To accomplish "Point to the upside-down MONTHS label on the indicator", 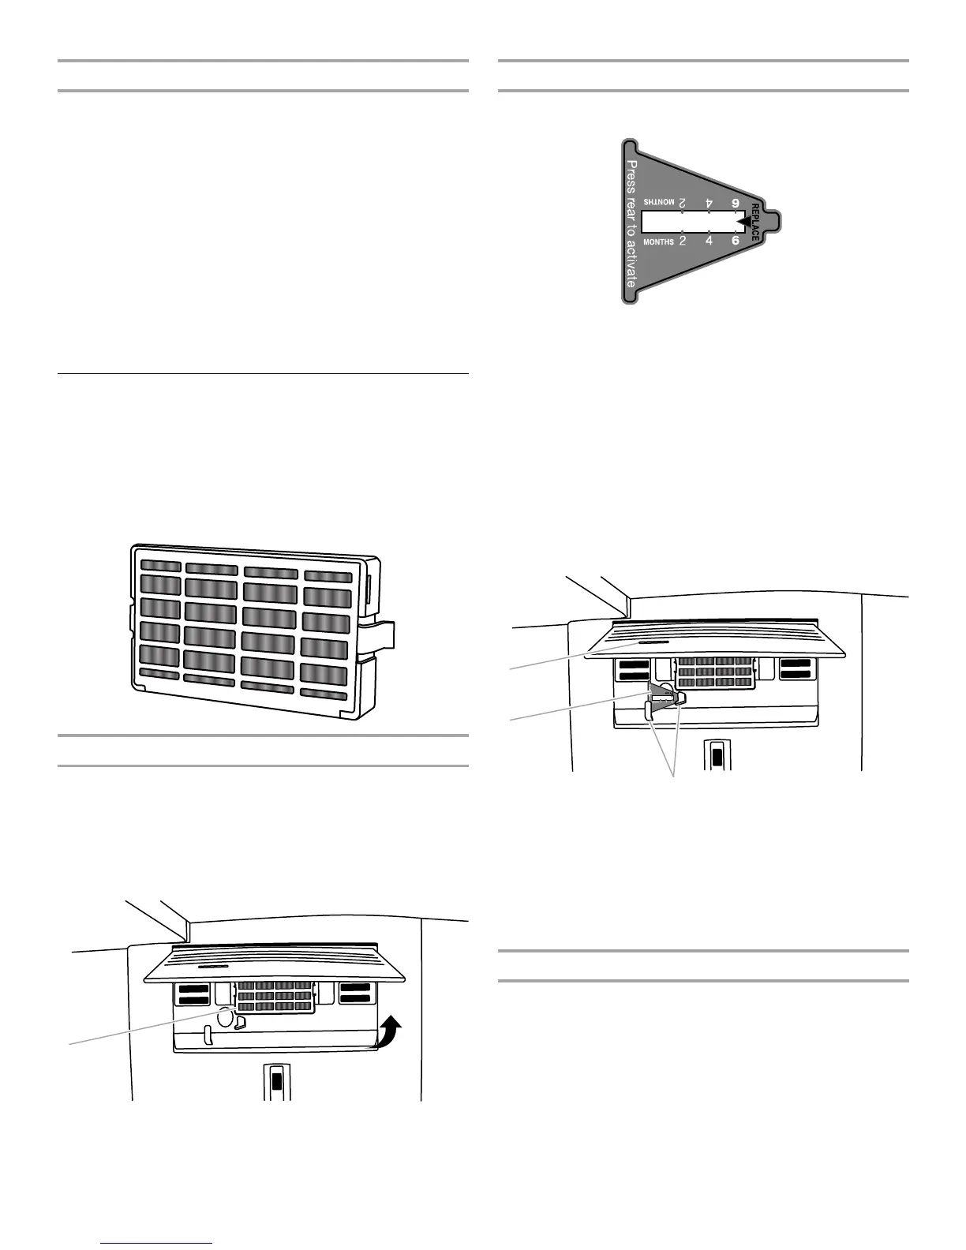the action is click(659, 203).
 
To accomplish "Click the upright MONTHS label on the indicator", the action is click(659, 241).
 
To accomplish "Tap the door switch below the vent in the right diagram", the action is click(717, 755).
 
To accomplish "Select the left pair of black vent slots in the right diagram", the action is click(634, 670).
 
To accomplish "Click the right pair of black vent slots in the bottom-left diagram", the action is click(355, 994).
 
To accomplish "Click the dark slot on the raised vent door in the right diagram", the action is click(650, 643).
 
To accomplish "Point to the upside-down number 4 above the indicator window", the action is click(709, 204).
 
